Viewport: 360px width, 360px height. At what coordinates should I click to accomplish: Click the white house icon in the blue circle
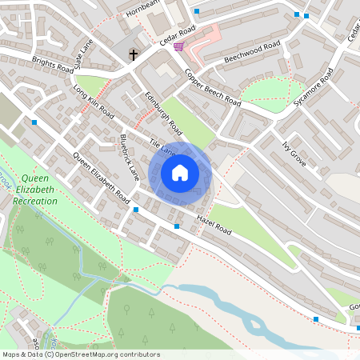pyautogui.click(x=180, y=173)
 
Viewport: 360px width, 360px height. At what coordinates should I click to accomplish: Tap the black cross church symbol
pyautogui.click(x=134, y=55)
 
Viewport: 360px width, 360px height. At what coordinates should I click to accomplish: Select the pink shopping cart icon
pyautogui.click(x=178, y=47)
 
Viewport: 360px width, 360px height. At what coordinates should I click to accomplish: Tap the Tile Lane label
pyautogui.click(x=162, y=146)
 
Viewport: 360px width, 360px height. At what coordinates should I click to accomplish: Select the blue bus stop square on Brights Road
pyautogui.click(x=34, y=122)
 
